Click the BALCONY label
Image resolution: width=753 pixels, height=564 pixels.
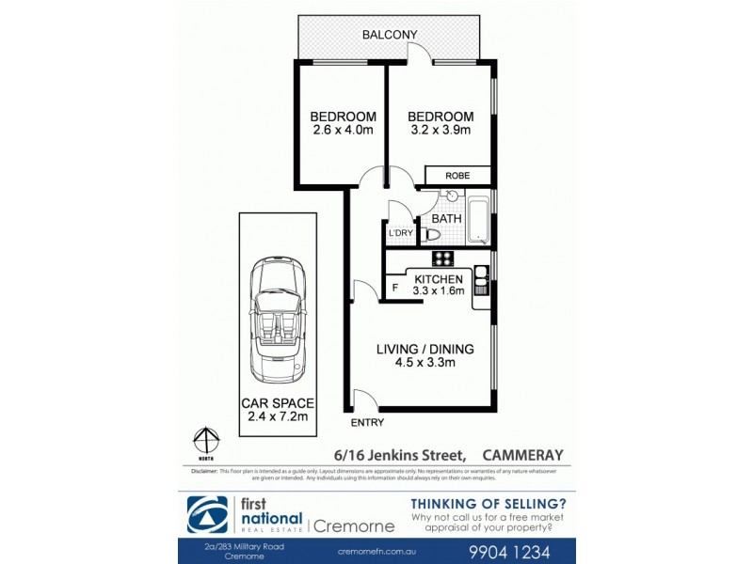tap(390, 36)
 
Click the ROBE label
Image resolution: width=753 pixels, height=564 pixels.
tap(458, 175)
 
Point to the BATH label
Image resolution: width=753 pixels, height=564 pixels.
tap(446, 218)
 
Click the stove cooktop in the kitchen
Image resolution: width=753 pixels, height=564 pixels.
tap(441, 258)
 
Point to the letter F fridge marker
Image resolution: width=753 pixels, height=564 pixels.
tap(395, 286)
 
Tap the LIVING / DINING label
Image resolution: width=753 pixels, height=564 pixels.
tap(425, 349)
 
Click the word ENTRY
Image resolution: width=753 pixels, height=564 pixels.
tap(364, 422)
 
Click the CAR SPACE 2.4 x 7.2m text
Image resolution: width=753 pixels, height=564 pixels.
tap(277, 409)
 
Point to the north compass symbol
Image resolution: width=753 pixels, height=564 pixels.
tap(206, 442)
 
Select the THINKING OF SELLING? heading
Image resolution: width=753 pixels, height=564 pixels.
tap(489, 503)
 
